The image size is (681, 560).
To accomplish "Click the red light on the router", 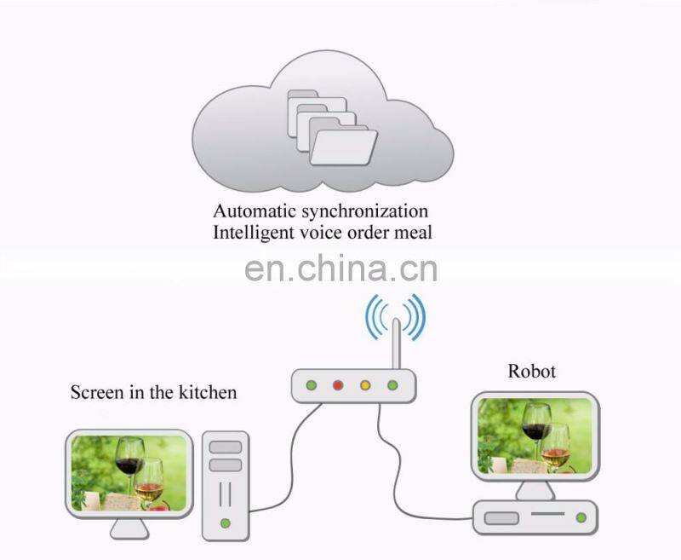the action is coord(338,385).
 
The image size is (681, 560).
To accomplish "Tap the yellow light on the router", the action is coord(365,385).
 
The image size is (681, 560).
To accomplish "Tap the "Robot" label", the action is coord(531,371).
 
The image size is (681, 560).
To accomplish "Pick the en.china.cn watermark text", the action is coord(340,268).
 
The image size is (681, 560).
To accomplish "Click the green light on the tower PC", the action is coord(225,522).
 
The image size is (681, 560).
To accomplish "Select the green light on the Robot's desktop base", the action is coord(581,517).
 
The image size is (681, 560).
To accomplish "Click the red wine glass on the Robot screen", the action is coord(536,426).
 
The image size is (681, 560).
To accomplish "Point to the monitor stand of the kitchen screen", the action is coord(129,528).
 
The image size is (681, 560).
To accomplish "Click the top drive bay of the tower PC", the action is coord(225,447).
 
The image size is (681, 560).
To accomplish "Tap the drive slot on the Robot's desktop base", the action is coord(503,517).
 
